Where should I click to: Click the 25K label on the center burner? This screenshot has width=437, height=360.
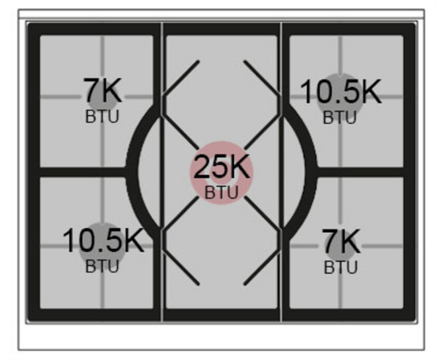[x=221, y=167]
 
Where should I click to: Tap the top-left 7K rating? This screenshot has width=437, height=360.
[x=103, y=91]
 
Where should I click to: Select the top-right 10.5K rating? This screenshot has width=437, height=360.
[x=340, y=92]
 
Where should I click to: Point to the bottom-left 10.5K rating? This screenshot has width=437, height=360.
[x=103, y=240]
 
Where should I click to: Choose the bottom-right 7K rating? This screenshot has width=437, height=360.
[x=342, y=241]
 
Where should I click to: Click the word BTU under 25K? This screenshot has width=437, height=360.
[x=222, y=192]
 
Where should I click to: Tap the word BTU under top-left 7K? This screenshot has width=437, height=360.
[x=102, y=116]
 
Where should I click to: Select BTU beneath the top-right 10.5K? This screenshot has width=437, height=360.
[x=340, y=117]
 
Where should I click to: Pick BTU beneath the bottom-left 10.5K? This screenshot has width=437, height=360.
[x=102, y=266]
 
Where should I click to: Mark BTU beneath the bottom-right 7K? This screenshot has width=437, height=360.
[x=340, y=268]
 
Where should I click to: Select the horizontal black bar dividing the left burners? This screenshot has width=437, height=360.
[x=84, y=172]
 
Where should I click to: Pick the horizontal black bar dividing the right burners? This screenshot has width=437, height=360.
[x=360, y=172]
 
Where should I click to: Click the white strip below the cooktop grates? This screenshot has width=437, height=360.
[x=221, y=337]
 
